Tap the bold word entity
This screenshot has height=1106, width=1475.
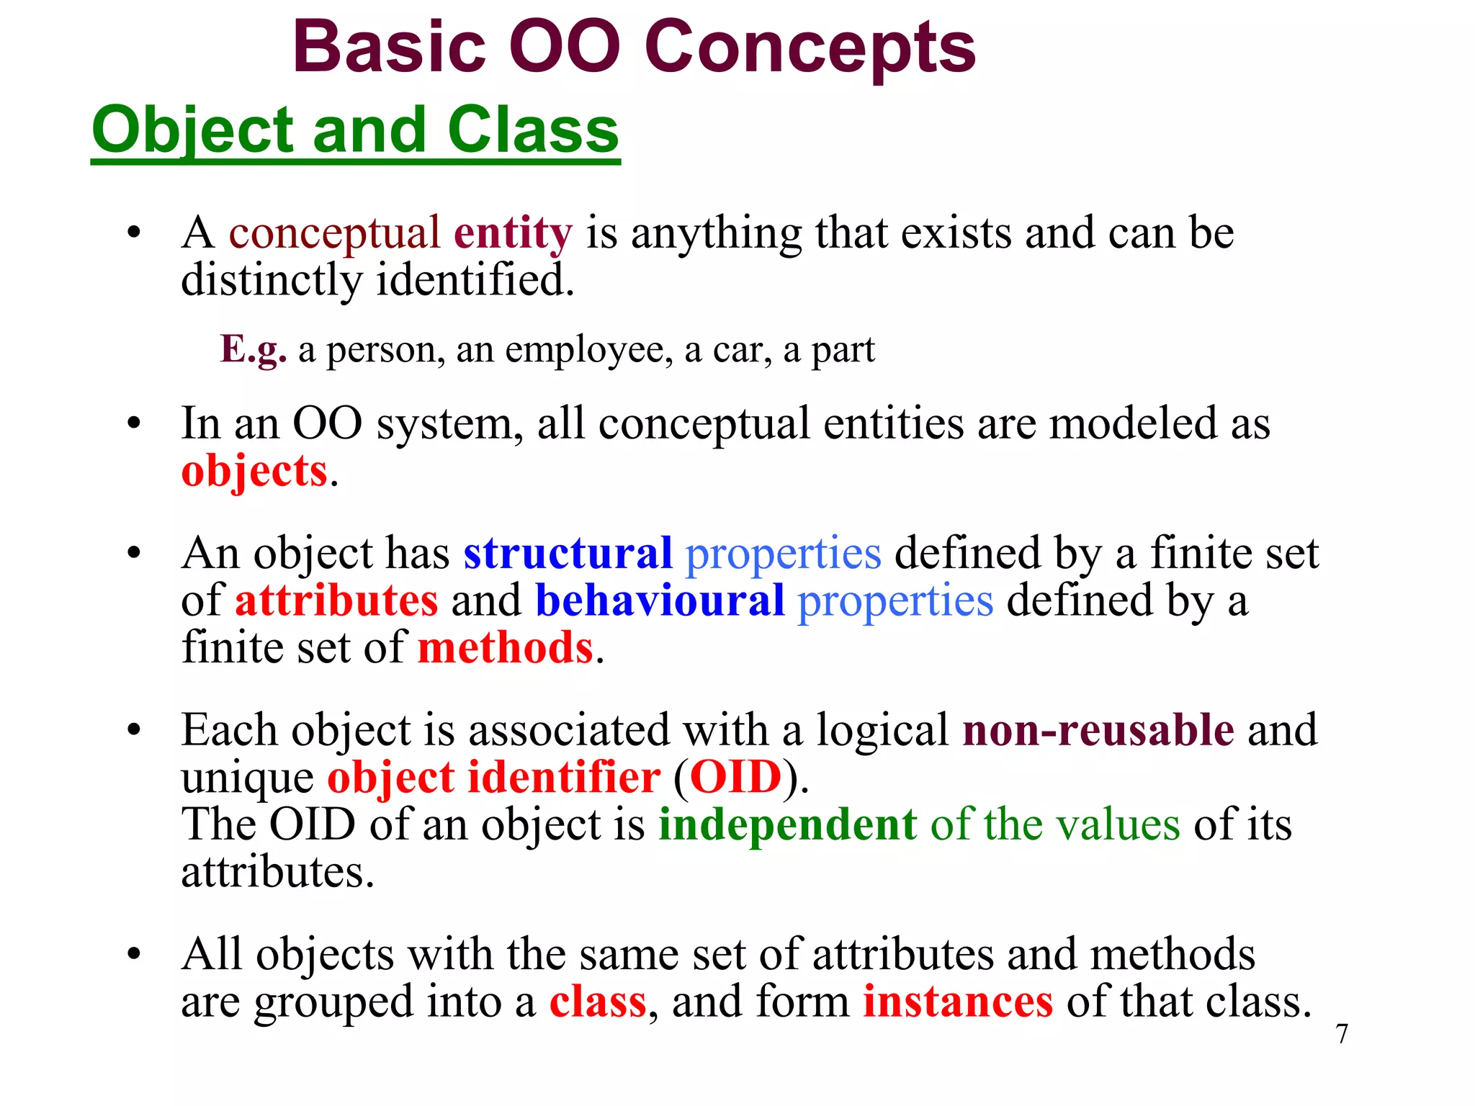pos(513,233)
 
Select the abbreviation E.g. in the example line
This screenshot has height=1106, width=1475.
pos(253,350)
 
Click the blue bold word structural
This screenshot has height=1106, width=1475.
pos(568,554)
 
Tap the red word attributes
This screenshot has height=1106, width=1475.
pos(336,601)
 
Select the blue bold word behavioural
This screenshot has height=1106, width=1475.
pos(660,601)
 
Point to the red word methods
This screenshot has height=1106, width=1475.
pos(506,648)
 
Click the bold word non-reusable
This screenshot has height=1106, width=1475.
pos(1098,730)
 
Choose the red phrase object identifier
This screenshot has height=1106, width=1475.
pos(493,778)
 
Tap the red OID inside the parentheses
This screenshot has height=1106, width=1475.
pos(735,778)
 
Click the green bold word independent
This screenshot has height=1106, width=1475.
pos(787,825)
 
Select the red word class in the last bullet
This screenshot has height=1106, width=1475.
pos(598,1002)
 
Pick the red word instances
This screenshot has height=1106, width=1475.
pos(958,1002)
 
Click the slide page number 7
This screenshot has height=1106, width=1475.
pos(1342,1034)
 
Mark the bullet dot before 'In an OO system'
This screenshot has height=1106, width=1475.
pos(134,424)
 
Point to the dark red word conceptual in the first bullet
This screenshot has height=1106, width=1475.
pos(334,233)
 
